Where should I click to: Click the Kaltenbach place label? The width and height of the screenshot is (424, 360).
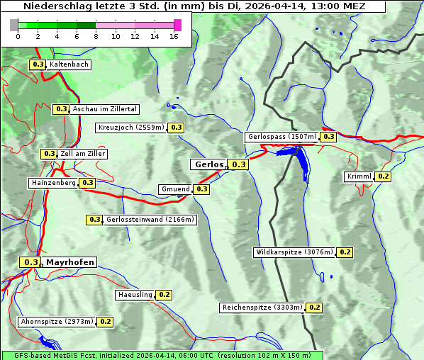(x=69, y=64)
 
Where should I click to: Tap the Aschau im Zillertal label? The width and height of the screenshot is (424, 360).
(x=104, y=109)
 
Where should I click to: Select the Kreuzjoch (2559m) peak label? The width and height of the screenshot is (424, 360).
(x=131, y=128)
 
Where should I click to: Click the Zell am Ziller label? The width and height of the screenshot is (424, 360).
(x=83, y=154)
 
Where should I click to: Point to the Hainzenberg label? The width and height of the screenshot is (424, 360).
(x=52, y=183)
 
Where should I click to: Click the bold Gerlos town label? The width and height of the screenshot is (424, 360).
(x=208, y=164)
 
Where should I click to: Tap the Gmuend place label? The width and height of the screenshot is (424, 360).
(x=175, y=189)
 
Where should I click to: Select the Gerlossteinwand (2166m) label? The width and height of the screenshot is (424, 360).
(x=150, y=220)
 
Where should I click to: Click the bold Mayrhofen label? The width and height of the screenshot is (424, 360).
(x=69, y=262)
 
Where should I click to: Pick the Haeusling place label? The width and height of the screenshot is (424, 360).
(x=135, y=294)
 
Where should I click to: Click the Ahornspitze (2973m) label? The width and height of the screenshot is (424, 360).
(x=57, y=322)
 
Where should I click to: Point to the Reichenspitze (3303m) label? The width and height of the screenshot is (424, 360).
(x=262, y=308)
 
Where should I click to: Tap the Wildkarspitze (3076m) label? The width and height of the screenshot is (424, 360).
(x=294, y=252)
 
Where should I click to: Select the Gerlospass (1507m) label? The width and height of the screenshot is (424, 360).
(x=281, y=137)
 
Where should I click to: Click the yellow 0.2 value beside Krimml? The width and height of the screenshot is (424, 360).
(x=384, y=176)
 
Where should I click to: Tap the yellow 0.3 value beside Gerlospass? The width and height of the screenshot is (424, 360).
(x=328, y=137)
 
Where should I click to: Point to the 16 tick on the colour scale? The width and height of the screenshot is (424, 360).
(x=174, y=36)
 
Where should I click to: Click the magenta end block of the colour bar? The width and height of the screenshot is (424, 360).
(x=177, y=25)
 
